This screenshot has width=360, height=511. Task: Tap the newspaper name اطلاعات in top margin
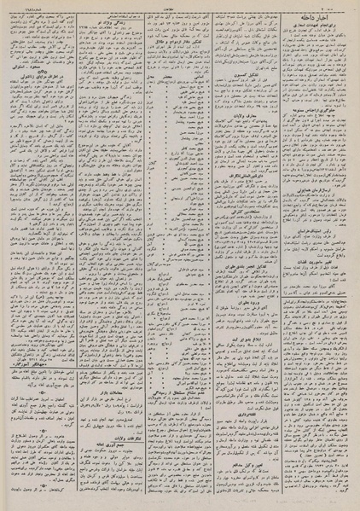pyautogui.click(x=180, y=4)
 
